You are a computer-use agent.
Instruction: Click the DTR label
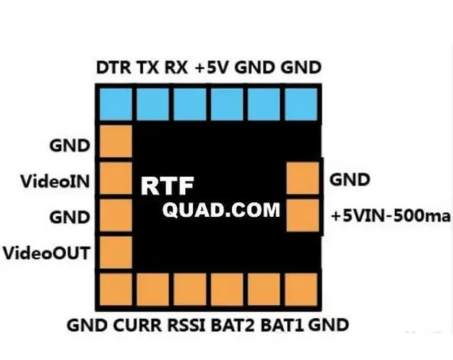tap(113, 67)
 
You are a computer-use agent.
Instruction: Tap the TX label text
tap(148, 67)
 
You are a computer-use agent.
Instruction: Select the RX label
tap(176, 67)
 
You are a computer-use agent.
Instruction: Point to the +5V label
tap(213, 67)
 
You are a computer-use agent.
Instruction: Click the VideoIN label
tap(55, 182)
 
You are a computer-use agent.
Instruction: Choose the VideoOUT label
tap(46, 254)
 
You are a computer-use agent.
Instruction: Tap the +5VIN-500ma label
tap(391, 216)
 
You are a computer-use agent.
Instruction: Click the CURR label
tap(138, 326)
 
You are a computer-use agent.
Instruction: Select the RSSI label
tap(187, 326)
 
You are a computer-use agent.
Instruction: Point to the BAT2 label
tap(233, 326)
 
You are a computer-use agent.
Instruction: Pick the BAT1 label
tap(282, 326)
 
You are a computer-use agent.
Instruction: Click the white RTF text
tap(168, 186)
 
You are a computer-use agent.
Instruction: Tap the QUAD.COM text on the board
tap(221, 210)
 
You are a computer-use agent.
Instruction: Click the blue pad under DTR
tap(116, 104)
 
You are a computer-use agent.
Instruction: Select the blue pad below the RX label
tap(190, 104)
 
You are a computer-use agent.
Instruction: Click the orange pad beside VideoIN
tap(116, 178)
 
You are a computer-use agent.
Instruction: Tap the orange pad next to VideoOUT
tap(116, 252)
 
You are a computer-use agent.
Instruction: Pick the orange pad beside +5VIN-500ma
tap(303, 215)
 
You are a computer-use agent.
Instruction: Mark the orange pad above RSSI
tap(190, 290)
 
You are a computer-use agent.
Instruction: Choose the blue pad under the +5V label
tap(227, 104)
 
